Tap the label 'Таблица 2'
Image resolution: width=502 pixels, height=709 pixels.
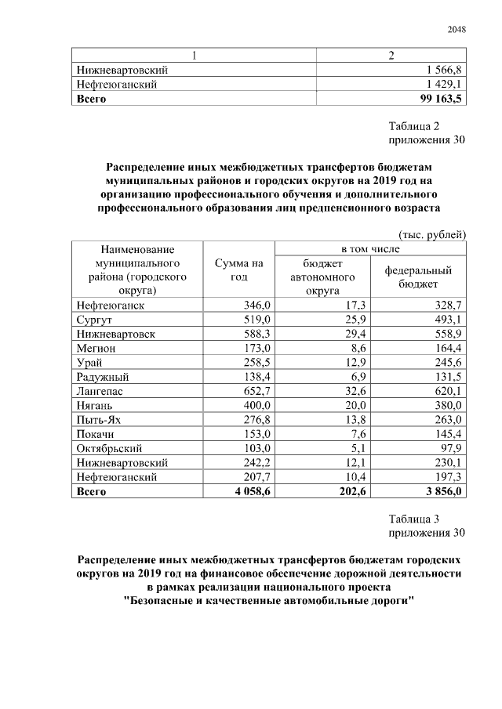pos(413,126)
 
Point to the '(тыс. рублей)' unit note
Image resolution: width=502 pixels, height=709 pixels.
pos(432,234)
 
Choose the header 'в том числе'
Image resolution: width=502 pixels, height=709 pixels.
pos(369,248)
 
